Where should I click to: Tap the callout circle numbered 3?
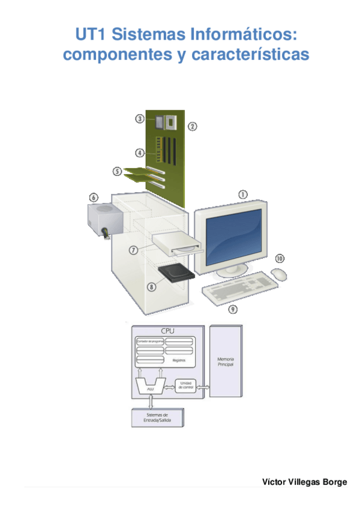pos(140,119)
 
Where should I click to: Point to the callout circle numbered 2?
pos(192,126)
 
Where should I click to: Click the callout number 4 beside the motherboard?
pos(139,153)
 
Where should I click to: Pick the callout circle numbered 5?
pos(118,172)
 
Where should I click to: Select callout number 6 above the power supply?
pos(94,197)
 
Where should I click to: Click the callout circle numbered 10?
pos(280,258)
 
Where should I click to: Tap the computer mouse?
pos(279,274)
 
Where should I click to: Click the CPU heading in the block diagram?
pos(168,331)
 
